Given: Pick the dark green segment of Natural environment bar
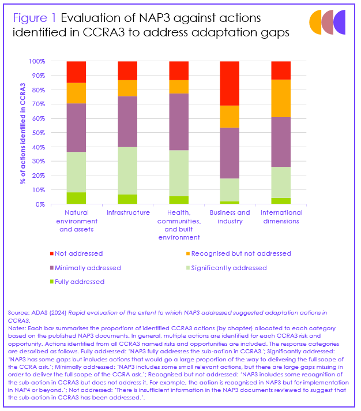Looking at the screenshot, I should click(76, 198).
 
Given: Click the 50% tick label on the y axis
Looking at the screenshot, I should click(39, 133).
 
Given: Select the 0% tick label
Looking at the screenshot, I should click(40, 204).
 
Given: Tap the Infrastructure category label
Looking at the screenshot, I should click(127, 212).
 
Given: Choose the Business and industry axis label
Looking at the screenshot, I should click(230, 216).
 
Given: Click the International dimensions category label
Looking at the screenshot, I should click(281, 216).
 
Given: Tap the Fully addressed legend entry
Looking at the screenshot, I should click(81, 282).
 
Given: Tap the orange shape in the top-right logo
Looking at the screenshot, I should click(315, 21).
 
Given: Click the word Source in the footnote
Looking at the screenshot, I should click(18, 312).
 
